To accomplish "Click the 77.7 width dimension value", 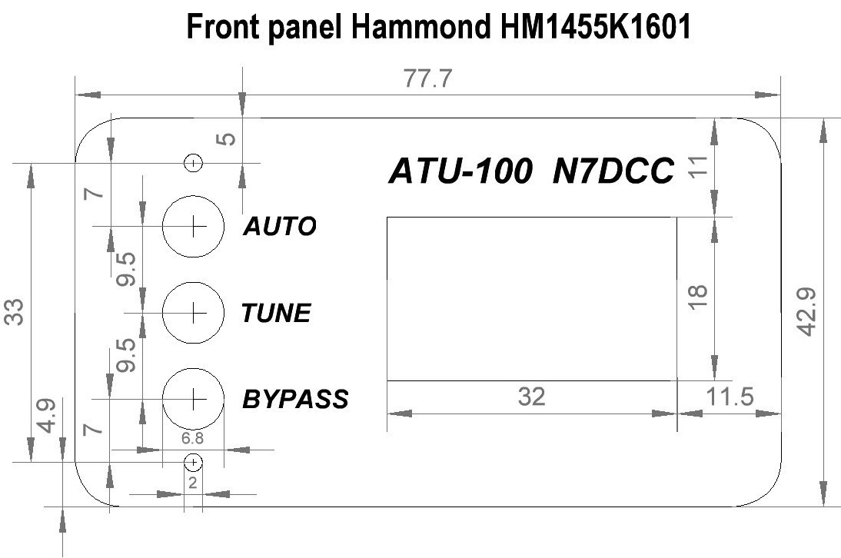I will point(429,80).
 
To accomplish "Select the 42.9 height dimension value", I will point(806,311).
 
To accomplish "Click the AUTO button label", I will point(279,227).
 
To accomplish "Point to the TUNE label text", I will point(276,314).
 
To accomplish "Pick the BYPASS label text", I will point(295,400).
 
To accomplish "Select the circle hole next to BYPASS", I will point(193,398).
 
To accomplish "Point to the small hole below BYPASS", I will point(194,462).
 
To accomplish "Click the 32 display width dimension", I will point(531,397).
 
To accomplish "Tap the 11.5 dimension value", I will point(727,397).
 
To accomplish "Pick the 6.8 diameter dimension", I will point(193,438).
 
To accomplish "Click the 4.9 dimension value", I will point(47,416).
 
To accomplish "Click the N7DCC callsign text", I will point(613,171).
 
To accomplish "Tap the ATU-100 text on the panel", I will point(459,171).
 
